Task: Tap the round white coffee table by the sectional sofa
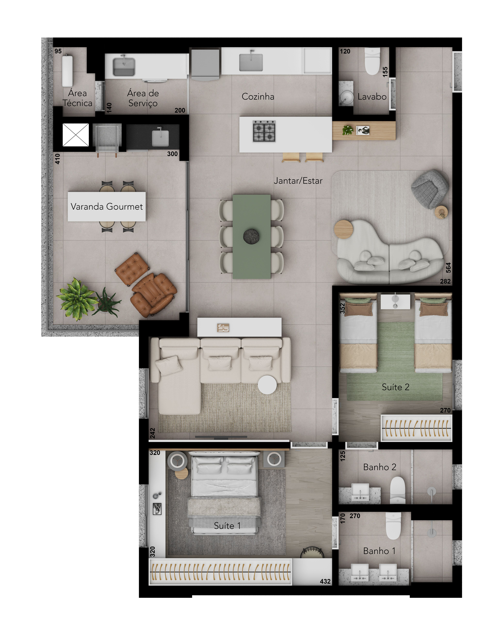[x=267, y=385]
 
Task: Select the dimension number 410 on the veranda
[x=57, y=159]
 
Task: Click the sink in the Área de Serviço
[x=124, y=66]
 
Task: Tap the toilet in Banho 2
[x=398, y=490]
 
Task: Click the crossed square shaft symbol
[x=76, y=135]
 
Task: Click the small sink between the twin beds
[x=395, y=301]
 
